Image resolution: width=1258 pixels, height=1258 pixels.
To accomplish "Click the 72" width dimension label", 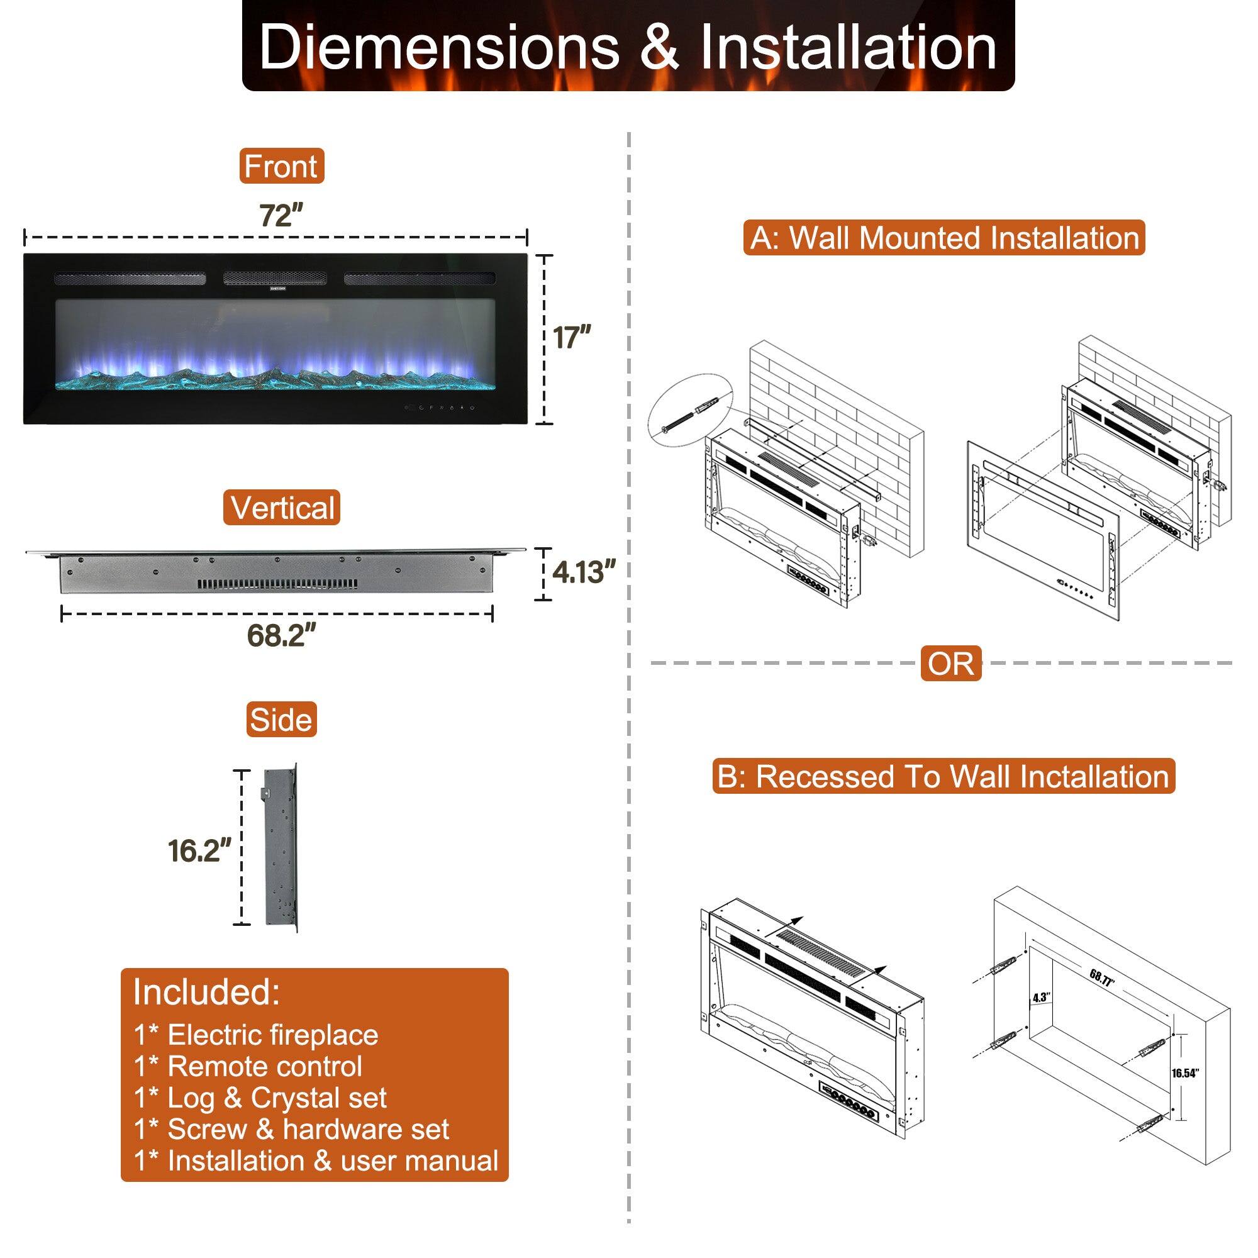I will [x=281, y=216].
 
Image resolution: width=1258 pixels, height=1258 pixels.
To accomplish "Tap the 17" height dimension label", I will [x=572, y=338].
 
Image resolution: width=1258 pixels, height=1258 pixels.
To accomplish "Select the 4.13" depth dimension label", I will [x=583, y=572].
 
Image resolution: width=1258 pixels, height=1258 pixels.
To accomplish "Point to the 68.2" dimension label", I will [x=281, y=635].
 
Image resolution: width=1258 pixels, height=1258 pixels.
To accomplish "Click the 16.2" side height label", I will [x=199, y=850].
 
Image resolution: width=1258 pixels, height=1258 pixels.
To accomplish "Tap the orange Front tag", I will [x=281, y=166].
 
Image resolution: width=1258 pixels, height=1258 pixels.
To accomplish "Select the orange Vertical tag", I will [x=282, y=508].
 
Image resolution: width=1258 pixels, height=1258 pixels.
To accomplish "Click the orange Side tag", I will [x=281, y=720].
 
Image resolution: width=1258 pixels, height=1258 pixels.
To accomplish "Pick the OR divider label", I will [x=950, y=664].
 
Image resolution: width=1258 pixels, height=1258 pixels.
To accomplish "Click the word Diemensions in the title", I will [x=439, y=48].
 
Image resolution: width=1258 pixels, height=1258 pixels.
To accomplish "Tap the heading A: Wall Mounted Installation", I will [x=944, y=238].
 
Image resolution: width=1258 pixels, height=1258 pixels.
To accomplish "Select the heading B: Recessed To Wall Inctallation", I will [x=943, y=776].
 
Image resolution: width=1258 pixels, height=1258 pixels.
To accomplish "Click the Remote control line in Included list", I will [x=248, y=1066].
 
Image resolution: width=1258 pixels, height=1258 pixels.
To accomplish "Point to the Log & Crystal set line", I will [x=260, y=1098].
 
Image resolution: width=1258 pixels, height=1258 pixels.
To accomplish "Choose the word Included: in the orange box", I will [x=206, y=992].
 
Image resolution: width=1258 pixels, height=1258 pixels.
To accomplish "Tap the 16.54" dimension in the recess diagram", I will [x=1184, y=1073].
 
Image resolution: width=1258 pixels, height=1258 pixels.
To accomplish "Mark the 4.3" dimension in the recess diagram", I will [x=1040, y=998].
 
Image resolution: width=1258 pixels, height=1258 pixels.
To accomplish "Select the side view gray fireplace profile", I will [x=281, y=848].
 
